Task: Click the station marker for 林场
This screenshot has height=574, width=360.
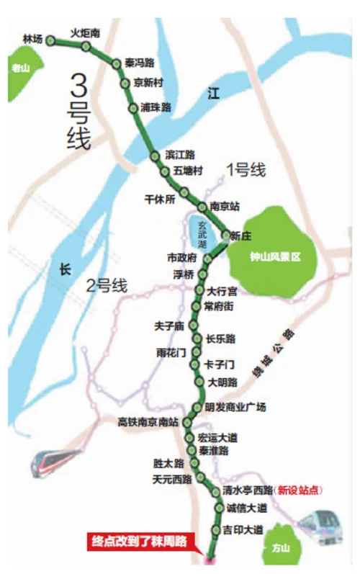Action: (51, 41)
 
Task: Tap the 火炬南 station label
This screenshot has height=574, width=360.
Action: (85, 32)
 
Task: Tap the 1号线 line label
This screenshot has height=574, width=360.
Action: (246, 171)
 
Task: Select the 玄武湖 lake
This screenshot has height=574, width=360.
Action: (202, 232)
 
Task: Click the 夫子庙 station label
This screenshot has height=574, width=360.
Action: (170, 326)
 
